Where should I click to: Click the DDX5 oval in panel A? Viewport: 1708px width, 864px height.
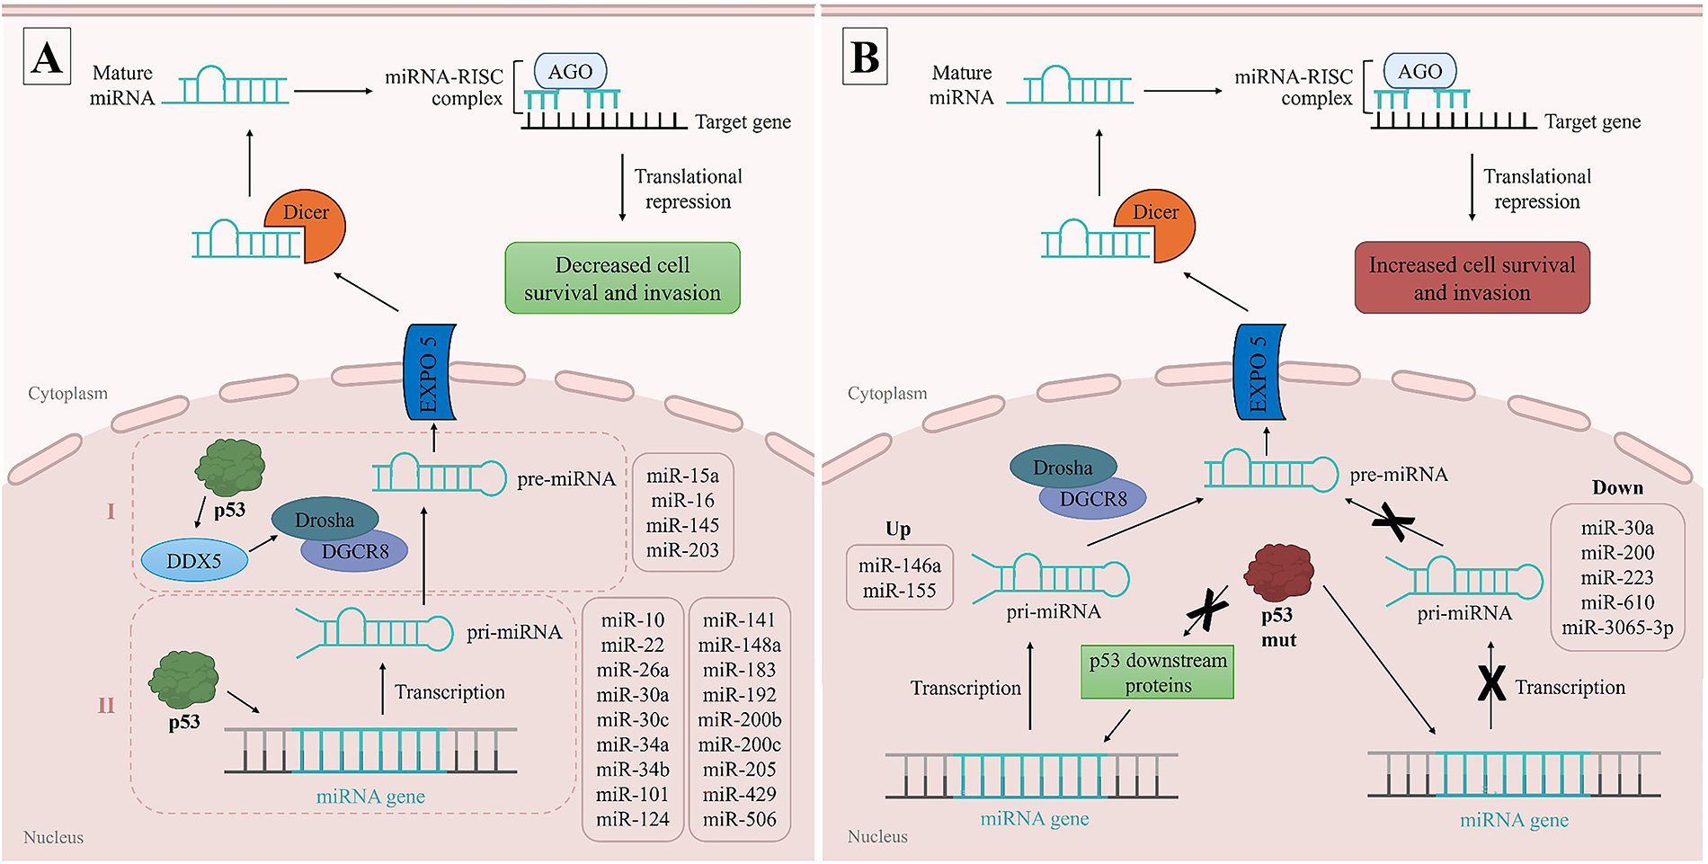click(x=194, y=560)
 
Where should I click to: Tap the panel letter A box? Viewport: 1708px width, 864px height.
click(x=47, y=57)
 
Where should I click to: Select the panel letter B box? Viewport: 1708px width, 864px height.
click(x=865, y=57)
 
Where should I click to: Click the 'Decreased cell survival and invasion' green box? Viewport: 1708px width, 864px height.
click(x=622, y=278)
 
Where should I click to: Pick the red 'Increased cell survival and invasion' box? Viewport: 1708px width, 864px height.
click(x=1472, y=278)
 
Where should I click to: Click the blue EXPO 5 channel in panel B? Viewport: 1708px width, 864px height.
click(x=1259, y=372)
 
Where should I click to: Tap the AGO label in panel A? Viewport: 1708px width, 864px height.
click(x=571, y=71)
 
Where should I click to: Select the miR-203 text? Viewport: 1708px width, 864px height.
click(x=682, y=550)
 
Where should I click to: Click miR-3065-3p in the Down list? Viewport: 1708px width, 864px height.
click(x=1617, y=628)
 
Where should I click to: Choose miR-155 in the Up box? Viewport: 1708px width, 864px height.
click(x=899, y=591)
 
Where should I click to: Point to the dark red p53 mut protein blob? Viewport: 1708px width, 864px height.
click(x=1278, y=573)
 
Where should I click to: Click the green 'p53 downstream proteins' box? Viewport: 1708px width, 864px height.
click(x=1158, y=672)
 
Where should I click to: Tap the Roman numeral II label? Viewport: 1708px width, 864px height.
click(x=106, y=705)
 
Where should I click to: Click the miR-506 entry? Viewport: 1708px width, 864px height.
click(x=739, y=819)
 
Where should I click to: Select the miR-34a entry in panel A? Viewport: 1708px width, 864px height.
click(x=633, y=744)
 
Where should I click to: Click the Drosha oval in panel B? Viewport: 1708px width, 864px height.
click(x=1063, y=468)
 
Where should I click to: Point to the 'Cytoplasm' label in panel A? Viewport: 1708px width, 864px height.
click(x=67, y=393)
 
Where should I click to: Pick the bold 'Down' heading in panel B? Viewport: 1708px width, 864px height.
click(x=1617, y=487)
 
